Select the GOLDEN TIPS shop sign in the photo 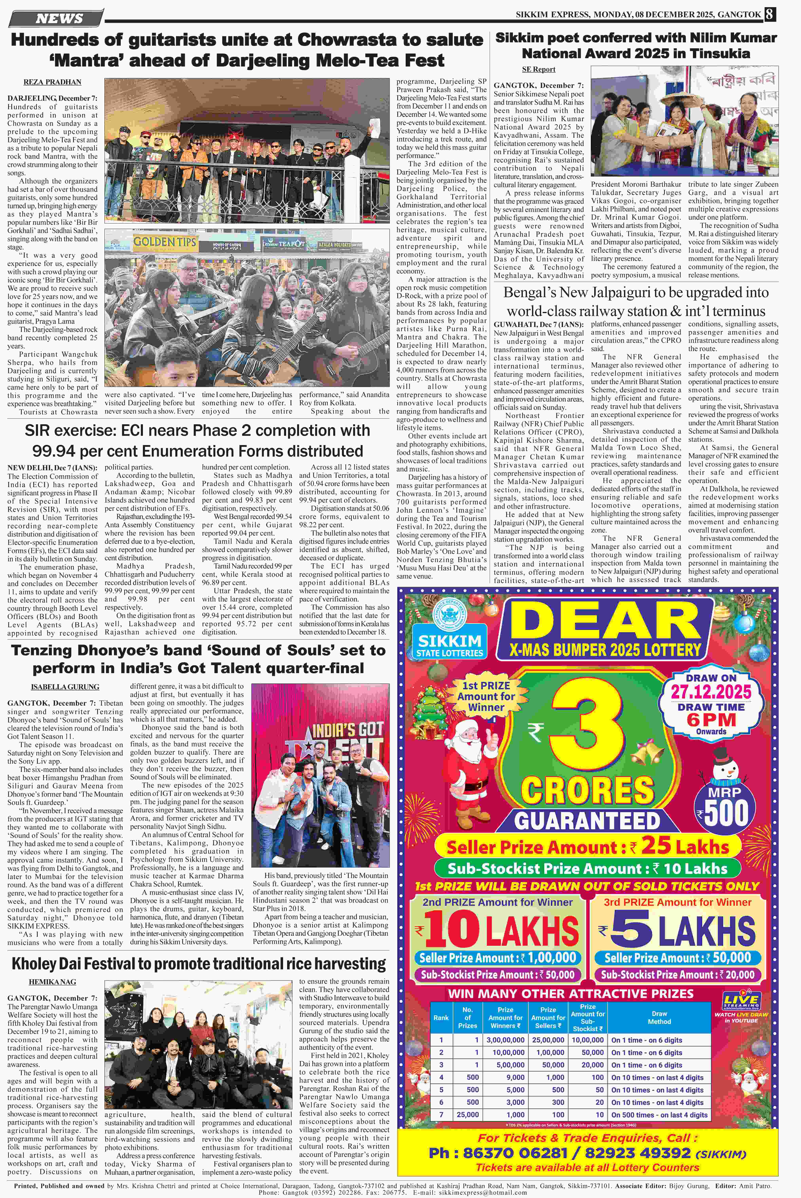165,242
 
